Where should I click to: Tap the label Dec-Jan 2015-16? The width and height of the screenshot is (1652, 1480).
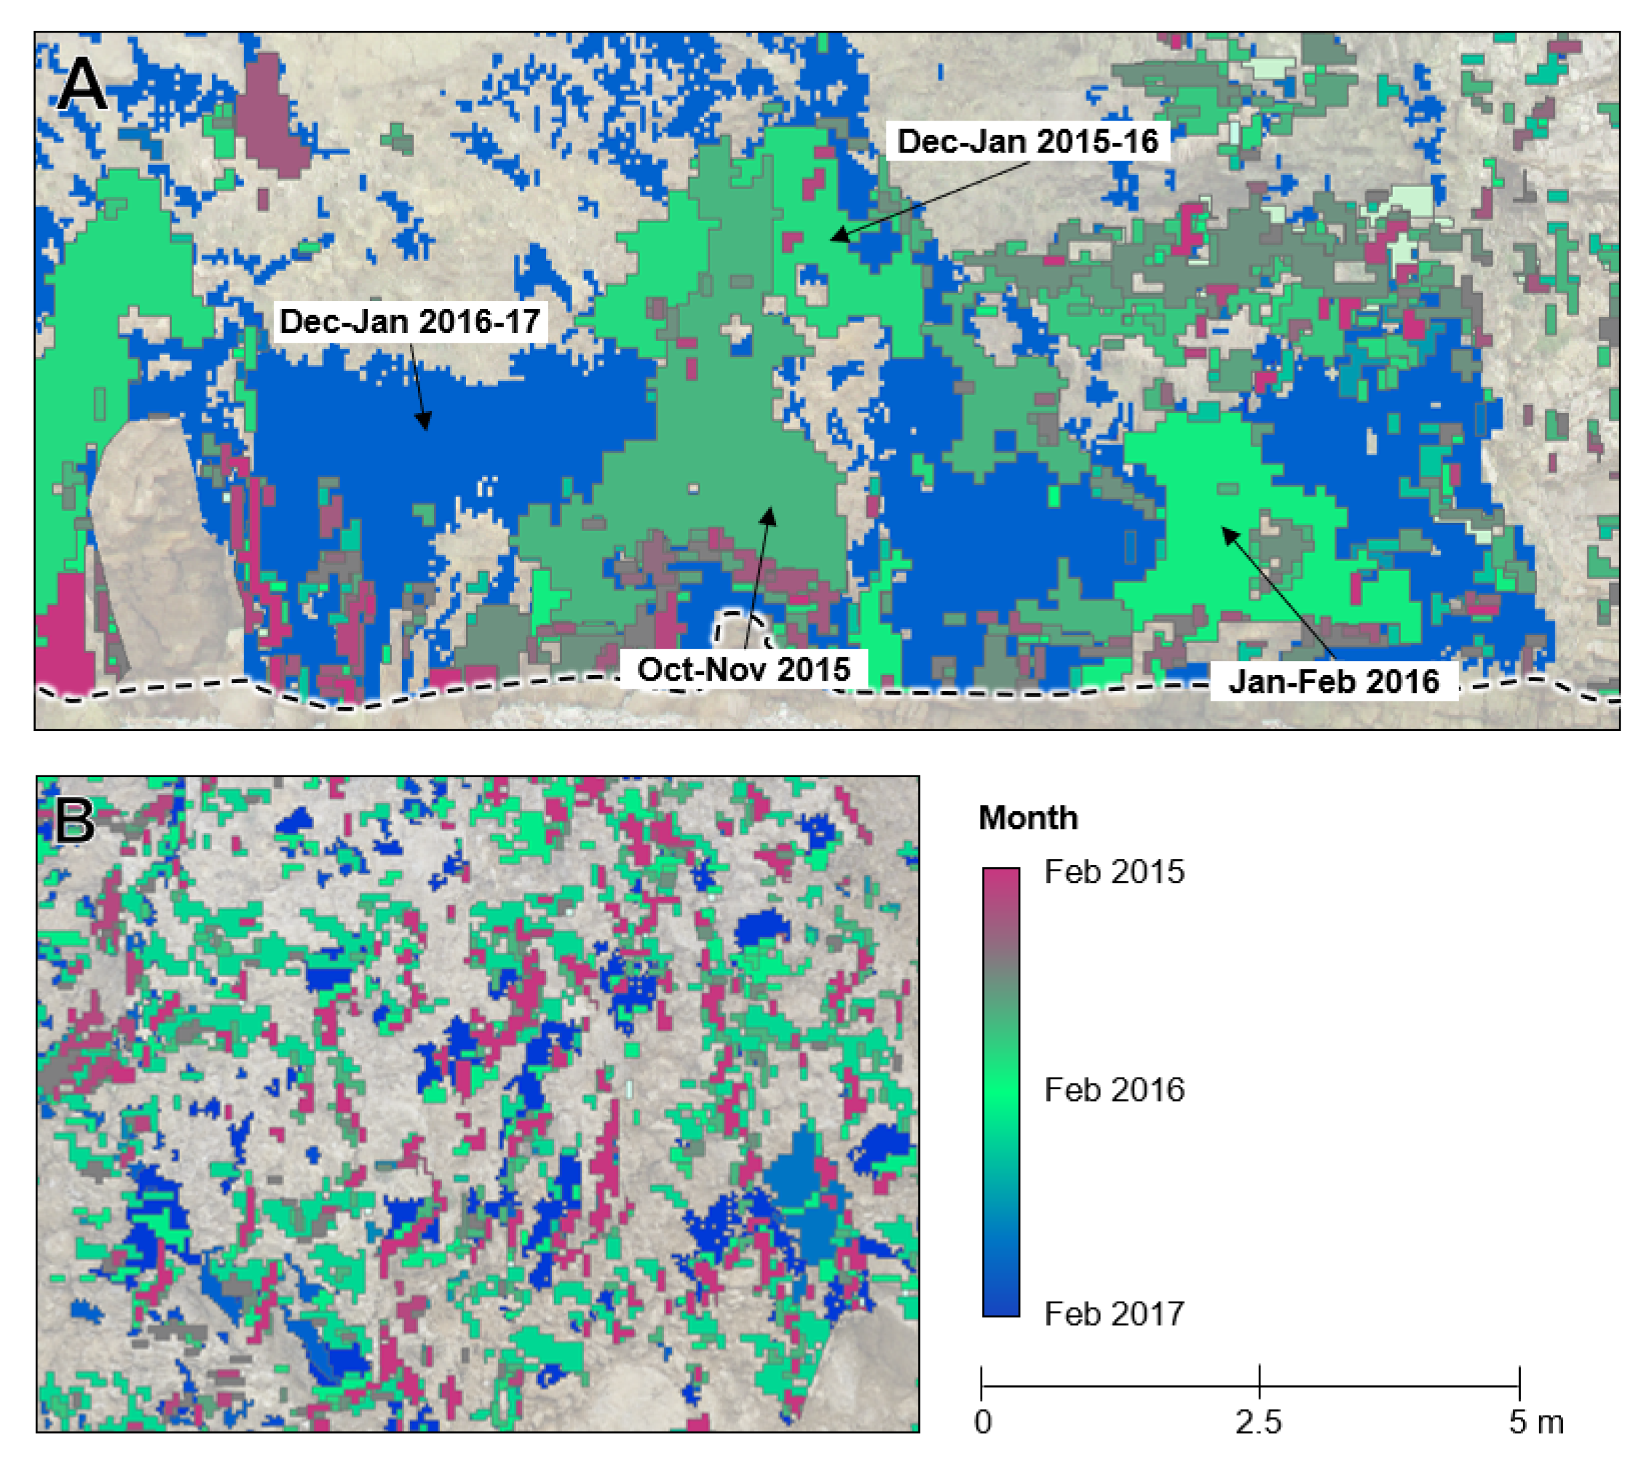1027,142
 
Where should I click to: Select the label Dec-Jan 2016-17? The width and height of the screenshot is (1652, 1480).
409,321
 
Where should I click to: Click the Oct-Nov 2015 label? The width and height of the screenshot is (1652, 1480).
743,670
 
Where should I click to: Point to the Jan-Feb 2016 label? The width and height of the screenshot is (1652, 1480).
1333,681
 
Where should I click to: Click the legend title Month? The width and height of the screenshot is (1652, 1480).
1027,817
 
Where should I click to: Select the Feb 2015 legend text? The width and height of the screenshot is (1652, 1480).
1113,872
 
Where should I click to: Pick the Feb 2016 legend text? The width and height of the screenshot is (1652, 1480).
1113,1090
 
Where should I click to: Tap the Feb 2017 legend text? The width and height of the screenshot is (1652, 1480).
1113,1313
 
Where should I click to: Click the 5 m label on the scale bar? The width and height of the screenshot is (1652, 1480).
1535,1422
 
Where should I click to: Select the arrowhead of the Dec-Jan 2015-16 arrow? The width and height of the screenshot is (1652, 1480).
835,238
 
